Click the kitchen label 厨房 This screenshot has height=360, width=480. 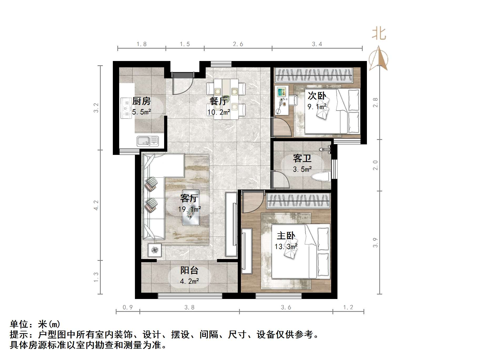point(142,101)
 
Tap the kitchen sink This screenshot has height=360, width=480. point(148,141)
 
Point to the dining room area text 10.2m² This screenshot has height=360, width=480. point(219,112)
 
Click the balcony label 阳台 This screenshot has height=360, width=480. point(189,270)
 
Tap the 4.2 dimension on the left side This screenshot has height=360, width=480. point(96,205)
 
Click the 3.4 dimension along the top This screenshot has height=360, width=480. point(317,44)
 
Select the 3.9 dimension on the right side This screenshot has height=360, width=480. point(375,242)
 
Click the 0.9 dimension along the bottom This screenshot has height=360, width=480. point(128,307)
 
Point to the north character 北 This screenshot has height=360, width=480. point(379,34)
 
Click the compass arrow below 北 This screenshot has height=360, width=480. point(378,58)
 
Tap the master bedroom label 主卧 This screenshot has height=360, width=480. point(286,236)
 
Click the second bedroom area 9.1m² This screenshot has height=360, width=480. point(317,107)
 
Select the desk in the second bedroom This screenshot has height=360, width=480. point(282,100)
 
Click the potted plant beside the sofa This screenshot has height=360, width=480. point(155,250)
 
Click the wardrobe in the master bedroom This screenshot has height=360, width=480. point(299,201)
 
